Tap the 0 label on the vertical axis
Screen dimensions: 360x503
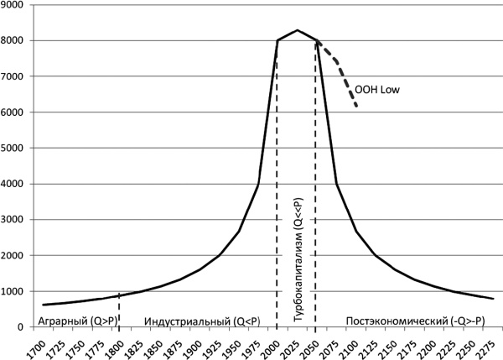27,326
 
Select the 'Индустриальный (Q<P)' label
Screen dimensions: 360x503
202,320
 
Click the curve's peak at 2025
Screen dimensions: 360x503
297,30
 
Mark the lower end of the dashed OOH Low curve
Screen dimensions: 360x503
357,107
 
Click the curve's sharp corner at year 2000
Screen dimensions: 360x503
277,40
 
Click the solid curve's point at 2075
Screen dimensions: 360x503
336,184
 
